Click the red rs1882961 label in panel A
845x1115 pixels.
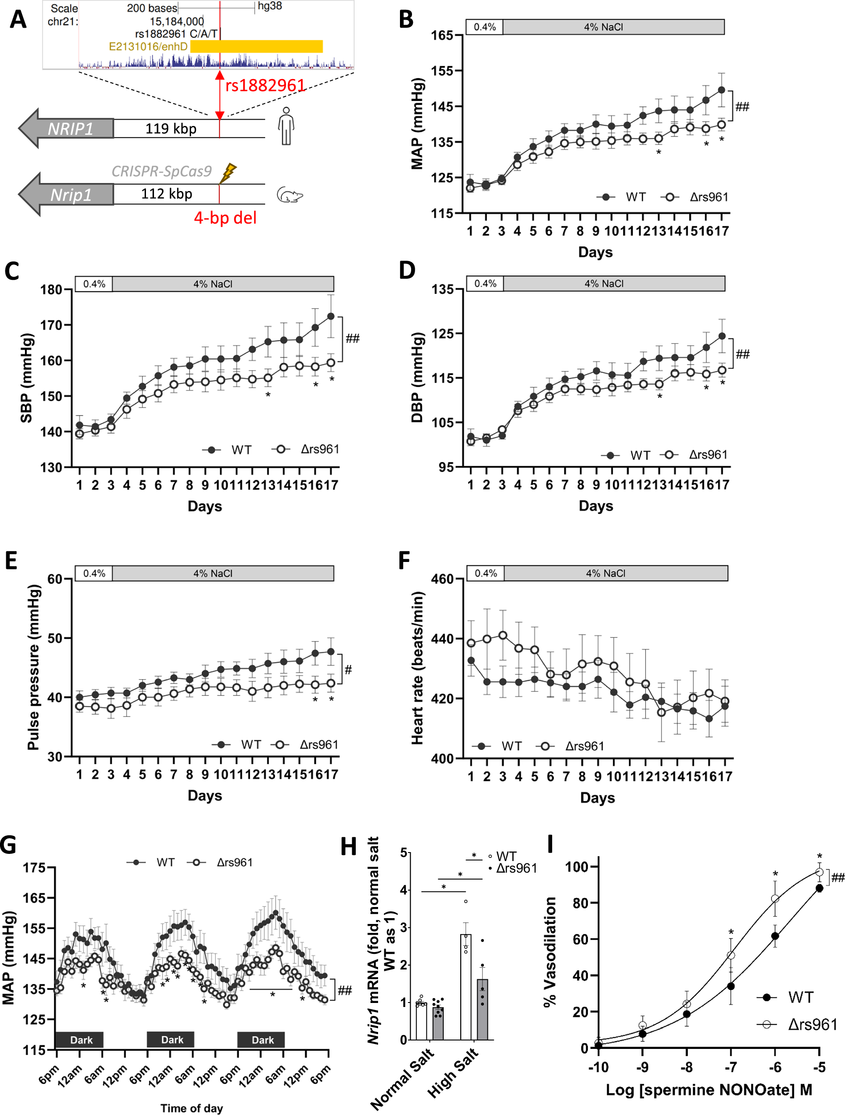[265, 86]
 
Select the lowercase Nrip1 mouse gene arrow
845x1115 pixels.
[68, 194]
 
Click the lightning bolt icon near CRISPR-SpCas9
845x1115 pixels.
[229, 173]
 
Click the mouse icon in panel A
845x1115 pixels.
[290, 196]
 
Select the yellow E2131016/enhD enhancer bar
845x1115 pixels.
[256, 46]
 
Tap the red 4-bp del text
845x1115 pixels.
[225, 218]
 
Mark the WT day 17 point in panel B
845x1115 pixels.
[721, 90]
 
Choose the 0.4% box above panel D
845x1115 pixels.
[485, 284]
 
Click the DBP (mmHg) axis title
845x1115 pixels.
[417, 378]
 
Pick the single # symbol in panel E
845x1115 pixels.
[348, 670]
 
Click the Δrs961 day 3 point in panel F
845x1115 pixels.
[503, 635]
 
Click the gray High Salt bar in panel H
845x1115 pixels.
[483, 1009]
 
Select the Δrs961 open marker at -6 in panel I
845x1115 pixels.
[775, 899]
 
